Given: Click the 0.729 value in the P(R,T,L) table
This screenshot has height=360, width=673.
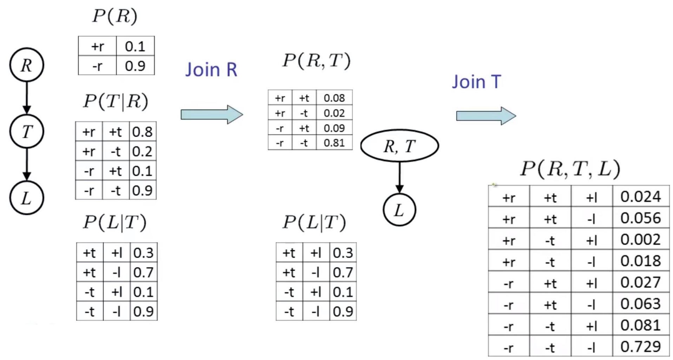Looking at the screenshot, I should click(x=641, y=347).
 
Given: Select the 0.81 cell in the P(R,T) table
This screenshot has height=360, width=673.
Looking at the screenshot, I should click(x=334, y=143).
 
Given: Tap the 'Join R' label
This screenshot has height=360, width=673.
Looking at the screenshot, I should click(x=211, y=70).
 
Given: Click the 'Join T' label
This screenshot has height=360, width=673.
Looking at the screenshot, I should click(x=476, y=82).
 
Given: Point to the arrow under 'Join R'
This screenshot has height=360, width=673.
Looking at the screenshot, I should click(x=212, y=114).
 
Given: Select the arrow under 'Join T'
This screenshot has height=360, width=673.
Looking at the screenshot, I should click(x=486, y=116).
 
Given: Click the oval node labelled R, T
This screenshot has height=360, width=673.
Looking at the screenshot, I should click(x=399, y=146).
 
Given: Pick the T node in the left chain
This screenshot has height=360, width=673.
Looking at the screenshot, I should click(x=27, y=132).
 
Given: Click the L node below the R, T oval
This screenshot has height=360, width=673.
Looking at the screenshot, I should click(x=399, y=210).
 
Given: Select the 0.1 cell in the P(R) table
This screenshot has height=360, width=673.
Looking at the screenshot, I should click(x=135, y=46).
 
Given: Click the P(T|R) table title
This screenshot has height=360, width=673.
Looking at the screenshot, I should click(x=116, y=102).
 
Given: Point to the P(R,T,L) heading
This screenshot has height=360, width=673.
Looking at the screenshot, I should click(x=570, y=169).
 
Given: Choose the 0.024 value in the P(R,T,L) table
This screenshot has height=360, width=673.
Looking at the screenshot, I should click(x=641, y=197).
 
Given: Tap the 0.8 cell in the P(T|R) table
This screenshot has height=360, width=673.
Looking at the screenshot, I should click(x=142, y=132).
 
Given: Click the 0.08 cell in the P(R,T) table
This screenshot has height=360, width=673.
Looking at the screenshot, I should click(x=334, y=98).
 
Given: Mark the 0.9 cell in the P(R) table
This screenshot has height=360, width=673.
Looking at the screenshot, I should click(x=135, y=66).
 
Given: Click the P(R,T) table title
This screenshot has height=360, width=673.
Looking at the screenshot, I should click(x=316, y=61).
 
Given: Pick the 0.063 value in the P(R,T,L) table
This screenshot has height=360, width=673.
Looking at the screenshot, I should click(x=641, y=304).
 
